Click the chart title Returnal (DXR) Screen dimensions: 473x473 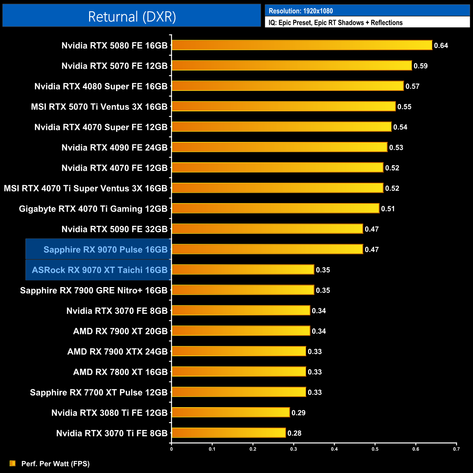click(x=132, y=17)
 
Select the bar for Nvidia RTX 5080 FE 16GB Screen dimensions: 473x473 click(x=302, y=45)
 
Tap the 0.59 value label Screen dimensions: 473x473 click(x=421, y=66)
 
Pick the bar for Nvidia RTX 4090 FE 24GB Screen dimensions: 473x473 click(x=279, y=147)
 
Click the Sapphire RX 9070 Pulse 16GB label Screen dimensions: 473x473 click(x=106, y=250)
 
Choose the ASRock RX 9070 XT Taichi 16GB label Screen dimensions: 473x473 click(x=100, y=270)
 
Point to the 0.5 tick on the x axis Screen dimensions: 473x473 click(x=375, y=449)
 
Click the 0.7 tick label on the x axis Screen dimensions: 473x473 click(x=456, y=449)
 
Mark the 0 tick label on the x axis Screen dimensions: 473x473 click(x=171, y=449)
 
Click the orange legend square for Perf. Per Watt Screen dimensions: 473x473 click(x=12, y=463)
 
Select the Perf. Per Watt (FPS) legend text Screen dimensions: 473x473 click(x=55, y=464)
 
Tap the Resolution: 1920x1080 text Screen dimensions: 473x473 click(x=301, y=11)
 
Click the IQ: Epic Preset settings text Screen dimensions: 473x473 click(x=335, y=23)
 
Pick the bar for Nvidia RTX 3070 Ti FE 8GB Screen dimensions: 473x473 click(x=228, y=433)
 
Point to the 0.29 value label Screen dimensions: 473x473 click(x=298, y=413)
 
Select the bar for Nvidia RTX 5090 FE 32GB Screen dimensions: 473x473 click(x=267, y=228)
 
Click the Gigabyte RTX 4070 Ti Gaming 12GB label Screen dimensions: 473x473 click(x=93, y=209)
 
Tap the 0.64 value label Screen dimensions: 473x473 click(x=441, y=45)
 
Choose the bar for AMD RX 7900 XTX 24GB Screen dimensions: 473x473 click(x=239, y=351)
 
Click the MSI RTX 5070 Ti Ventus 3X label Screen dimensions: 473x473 click(x=99, y=107)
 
